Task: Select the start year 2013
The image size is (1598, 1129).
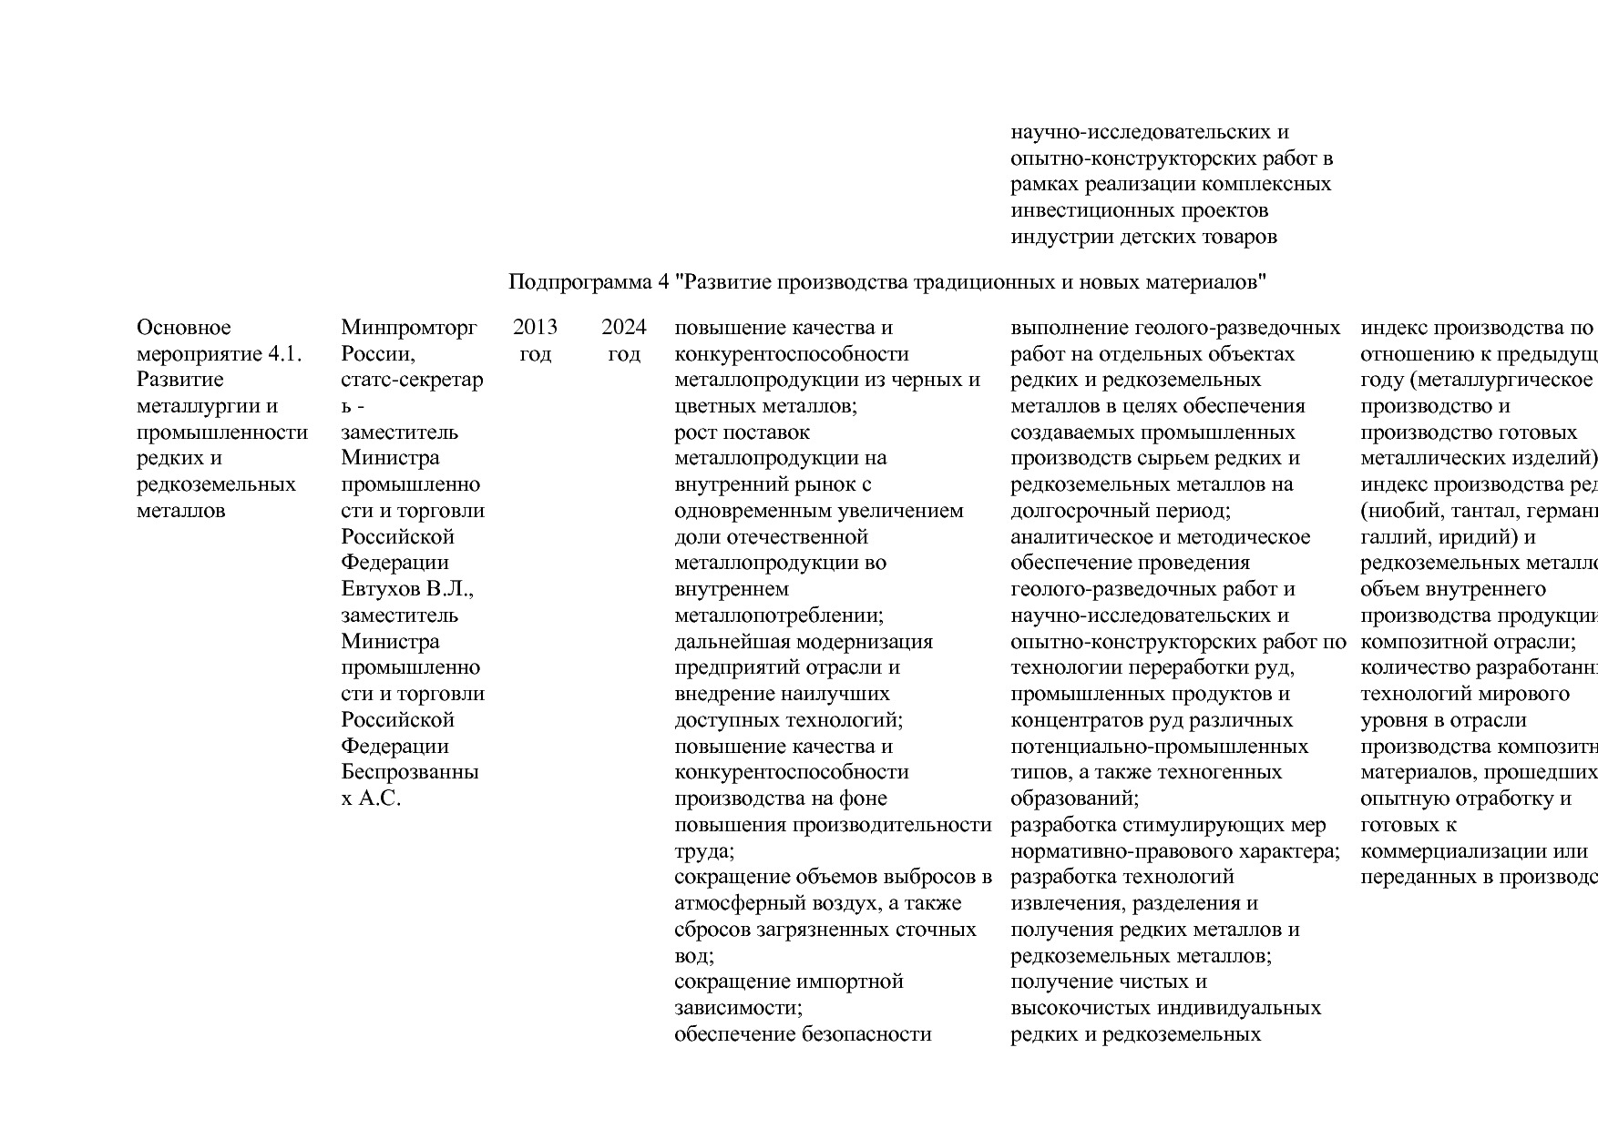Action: pyautogui.click(x=535, y=327)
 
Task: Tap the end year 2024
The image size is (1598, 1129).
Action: pyautogui.click(x=624, y=327)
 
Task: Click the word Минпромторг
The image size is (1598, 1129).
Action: pyautogui.click(x=409, y=327)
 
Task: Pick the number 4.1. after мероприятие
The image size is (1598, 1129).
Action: pyautogui.click(x=282, y=353)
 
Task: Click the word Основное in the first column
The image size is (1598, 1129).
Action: pyautogui.click(x=184, y=327)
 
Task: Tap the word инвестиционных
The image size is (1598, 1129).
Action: pyautogui.click(x=1086, y=210)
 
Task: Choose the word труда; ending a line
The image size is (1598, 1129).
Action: pyautogui.click(x=704, y=851)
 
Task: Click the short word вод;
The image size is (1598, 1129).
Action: pyautogui.click(x=694, y=956)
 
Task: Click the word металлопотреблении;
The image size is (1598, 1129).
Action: pyautogui.click(x=779, y=615)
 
